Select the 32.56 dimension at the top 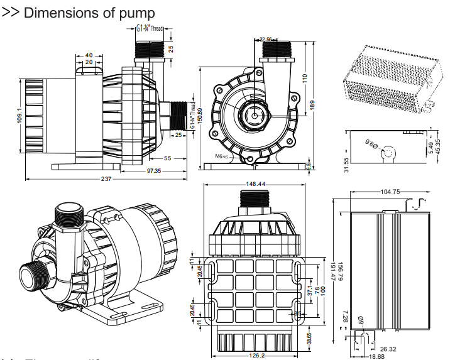[266, 39]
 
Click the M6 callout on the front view [221, 156]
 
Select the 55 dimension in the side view [168, 158]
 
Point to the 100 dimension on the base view [325, 290]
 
